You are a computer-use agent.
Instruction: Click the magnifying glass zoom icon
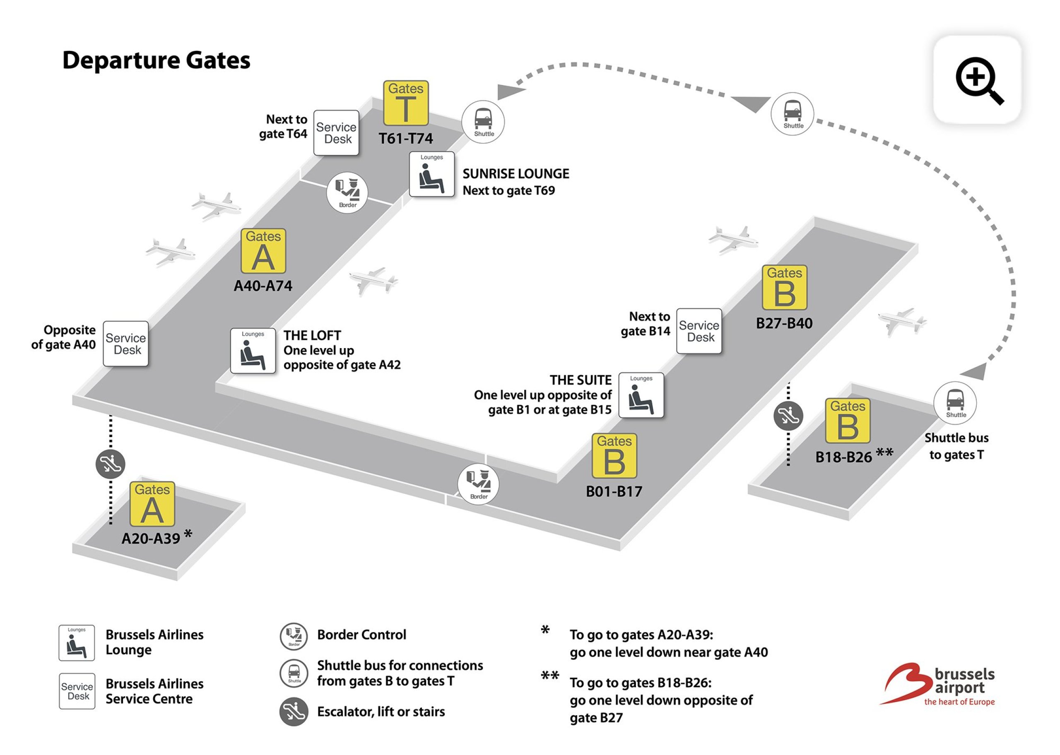977,80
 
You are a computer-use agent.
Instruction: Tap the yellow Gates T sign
405,103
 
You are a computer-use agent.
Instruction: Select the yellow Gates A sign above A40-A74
263,251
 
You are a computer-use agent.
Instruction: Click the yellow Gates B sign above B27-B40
784,287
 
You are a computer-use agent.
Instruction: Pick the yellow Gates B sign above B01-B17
614,456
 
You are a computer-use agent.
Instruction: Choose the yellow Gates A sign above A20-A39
152,504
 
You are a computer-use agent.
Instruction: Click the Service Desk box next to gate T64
336,133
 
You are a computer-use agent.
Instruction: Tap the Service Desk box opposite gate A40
125,344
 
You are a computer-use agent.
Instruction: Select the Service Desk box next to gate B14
699,331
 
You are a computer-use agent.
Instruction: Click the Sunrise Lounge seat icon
431,174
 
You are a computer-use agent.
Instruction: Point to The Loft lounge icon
253,351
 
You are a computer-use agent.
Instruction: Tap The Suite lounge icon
641,395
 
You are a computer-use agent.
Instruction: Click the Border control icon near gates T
347,192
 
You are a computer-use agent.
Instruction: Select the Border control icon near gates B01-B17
478,484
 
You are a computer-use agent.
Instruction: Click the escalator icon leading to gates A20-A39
110,464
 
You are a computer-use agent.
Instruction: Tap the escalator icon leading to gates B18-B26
788,415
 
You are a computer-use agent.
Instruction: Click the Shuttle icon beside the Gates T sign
483,122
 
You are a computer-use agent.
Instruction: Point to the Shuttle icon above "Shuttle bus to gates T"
955,403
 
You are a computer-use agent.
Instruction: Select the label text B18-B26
843,457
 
